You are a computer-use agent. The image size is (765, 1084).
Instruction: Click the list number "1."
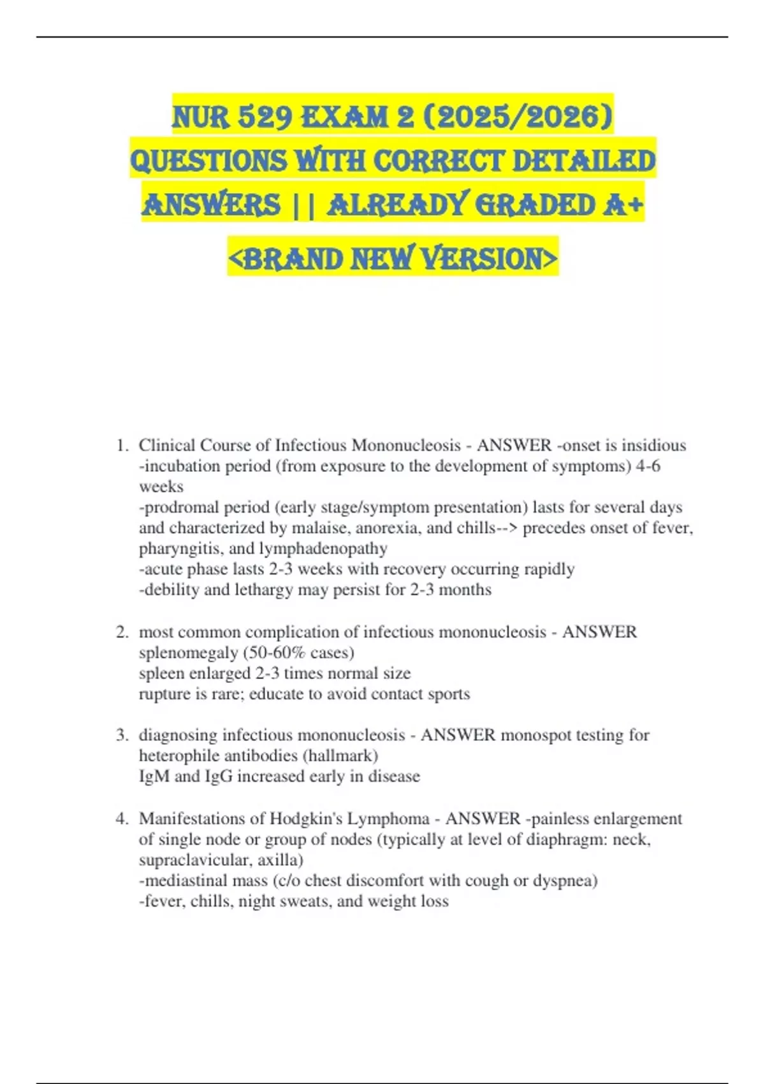click(123, 445)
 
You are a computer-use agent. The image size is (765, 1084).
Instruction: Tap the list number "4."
click(123, 819)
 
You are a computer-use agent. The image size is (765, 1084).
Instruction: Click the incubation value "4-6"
click(648, 466)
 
